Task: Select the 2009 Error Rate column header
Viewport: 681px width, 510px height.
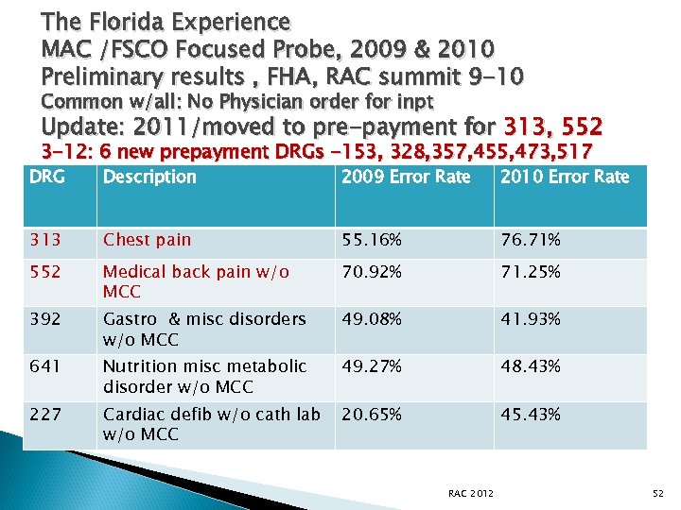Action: click(405, 177)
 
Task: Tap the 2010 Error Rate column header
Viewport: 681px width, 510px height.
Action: click(565, 177)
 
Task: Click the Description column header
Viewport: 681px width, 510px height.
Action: click(149, 177)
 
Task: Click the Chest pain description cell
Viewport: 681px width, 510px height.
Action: click(147, 240)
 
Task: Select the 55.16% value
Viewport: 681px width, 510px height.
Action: click(372, 240)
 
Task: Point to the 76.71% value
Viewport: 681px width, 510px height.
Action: click(531, 240)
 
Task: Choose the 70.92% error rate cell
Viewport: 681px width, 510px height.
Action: click(372, 272)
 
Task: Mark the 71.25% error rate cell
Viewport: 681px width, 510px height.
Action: click(531, 272)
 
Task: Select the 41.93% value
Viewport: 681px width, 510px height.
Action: click(531, 319)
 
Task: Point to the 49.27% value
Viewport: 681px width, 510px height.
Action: click(372, 366)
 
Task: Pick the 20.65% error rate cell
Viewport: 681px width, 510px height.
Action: click(372, 415)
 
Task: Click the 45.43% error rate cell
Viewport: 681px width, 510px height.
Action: click(531, 415)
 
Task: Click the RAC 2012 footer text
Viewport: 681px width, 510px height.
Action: click(470, 492)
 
